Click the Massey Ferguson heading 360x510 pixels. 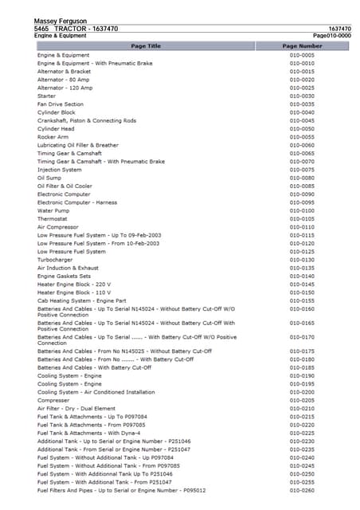(x=61, y=21)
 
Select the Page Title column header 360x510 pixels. (x=145, y=46)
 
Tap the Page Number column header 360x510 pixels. (x=302, y=46)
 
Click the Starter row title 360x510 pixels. (x=46, y=96)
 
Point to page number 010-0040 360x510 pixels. (x=302, y=112)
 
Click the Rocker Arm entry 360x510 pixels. (x=53, y=137)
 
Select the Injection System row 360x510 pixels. (x=59, y=170)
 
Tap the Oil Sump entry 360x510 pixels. (x=49, y=178)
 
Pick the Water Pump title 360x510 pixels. (x=53, y=211)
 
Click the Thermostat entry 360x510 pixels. (x=53, y=219)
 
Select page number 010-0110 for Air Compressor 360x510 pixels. (x=302, y=227)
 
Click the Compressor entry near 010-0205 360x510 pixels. (x=53, y=400)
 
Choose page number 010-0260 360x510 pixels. (x=302, y=490)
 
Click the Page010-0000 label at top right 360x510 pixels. (x=332, y=36)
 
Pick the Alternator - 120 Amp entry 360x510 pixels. (x=64, y=88)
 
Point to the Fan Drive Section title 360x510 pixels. (x=61, y=104)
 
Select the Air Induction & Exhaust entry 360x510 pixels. (x=68, y=269)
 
